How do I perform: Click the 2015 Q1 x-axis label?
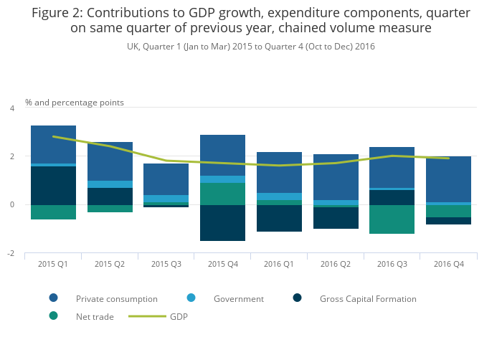(x=53, y=264)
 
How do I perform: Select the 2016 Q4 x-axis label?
(x=448, y=264)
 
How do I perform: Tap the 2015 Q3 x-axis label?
(x=166, y=264)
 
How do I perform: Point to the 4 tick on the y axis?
(x=11, y=108)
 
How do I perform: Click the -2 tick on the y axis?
(x=11, y=253)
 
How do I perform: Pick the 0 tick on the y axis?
(x=11, y=205)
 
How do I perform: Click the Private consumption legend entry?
(x=116, y=298)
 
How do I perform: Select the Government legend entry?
(x=238, y=298)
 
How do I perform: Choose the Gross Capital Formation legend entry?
(x=367, y=298)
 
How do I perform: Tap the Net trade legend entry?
(x=95, y=316)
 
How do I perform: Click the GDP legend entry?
(x=179, y=316)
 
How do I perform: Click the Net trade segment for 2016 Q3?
(x=392, y=219)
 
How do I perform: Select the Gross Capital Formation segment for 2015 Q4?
(x=222, y=223)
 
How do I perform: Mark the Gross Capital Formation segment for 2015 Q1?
(x=53, y=186)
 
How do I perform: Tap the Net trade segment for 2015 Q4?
(x=222, y=194)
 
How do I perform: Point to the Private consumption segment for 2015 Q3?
(x=166, y=179)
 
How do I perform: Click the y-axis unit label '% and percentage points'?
(x=75, y=103)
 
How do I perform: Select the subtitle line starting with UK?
(x=250, y=47)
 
